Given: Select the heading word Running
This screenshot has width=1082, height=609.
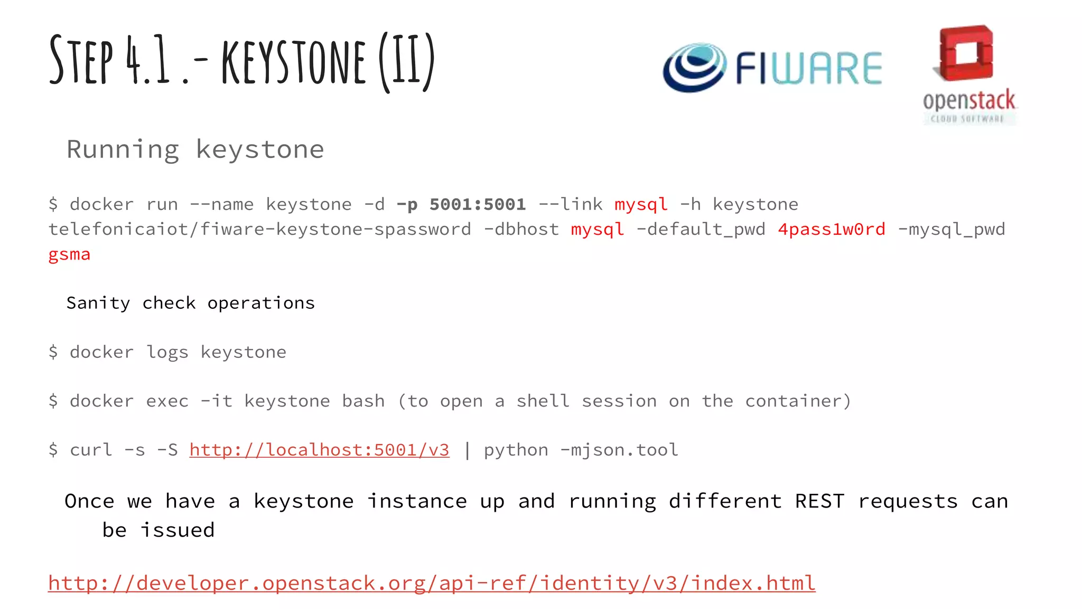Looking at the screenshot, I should tap(123, 150).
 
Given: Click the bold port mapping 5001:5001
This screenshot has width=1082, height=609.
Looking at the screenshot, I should tap(477, 204).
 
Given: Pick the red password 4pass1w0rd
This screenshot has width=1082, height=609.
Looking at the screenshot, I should tap(831, 229).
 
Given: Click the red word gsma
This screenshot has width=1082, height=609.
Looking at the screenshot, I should tap(69, 254).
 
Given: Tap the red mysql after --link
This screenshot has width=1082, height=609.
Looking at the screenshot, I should tap(641, 204).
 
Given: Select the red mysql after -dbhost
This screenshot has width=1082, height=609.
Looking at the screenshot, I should tap(597, 229).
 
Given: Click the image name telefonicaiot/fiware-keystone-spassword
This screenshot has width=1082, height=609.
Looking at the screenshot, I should tap(259, 229).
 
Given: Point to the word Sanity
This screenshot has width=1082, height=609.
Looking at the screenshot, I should tap(98, 303).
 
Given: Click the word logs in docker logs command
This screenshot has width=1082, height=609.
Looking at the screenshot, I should tap(167, 352).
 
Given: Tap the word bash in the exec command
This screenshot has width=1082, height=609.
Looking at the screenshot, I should tap(363, 401).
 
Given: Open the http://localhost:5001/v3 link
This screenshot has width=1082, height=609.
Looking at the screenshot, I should tap(319, 450).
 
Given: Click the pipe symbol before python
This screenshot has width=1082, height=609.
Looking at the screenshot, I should tap(467, 450).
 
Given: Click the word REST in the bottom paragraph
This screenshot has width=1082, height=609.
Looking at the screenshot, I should tap(819, 501).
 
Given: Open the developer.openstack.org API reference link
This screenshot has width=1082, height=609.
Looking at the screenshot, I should tap(432, 583).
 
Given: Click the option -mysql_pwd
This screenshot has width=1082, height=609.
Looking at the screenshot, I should tap(951, 229).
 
